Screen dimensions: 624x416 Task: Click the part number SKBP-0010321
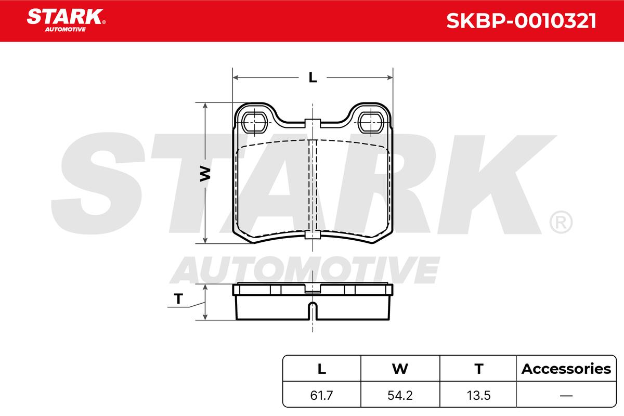pos(521,21)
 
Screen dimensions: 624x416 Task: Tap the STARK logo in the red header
pos(66,20)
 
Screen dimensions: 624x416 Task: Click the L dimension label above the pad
pos(313,77)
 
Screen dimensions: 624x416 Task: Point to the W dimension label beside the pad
pos(205,174)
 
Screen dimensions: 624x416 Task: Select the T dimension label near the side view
pos(178,298)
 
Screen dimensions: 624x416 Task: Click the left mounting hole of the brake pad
pos(255,122)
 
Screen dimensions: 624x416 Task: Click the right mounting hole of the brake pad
pos(371,122)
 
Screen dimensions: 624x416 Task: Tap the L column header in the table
pos(322,369)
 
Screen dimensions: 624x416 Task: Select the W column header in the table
pos(400,369)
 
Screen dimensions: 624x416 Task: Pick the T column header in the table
pos(479,369)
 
